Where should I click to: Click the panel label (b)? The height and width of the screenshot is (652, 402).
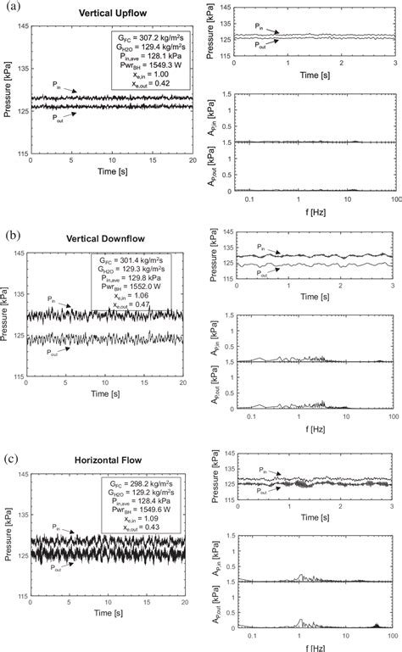pos(11,235)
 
